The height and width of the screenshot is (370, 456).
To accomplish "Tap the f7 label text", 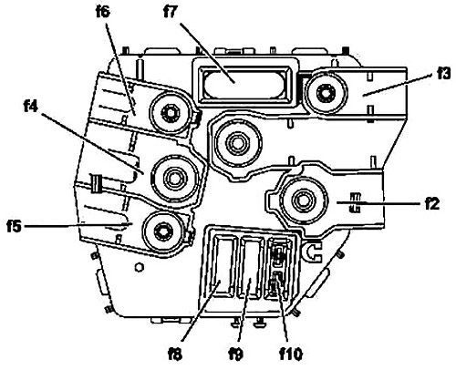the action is [x=171, y=13].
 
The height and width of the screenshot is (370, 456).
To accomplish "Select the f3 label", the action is [x=443, y=74].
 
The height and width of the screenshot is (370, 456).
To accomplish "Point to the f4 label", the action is [x=30, y=107].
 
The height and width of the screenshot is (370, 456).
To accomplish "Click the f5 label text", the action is [x=15, y=227].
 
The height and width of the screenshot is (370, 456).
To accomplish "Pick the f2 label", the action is [x=432, y=205].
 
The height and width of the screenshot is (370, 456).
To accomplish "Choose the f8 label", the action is [x=175, y=354].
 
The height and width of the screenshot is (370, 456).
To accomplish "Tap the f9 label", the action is [x=236, y=354].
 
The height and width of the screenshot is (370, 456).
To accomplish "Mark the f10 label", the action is [x=291, y=354].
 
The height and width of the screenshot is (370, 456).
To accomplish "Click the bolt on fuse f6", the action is [x=170, y=114].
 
